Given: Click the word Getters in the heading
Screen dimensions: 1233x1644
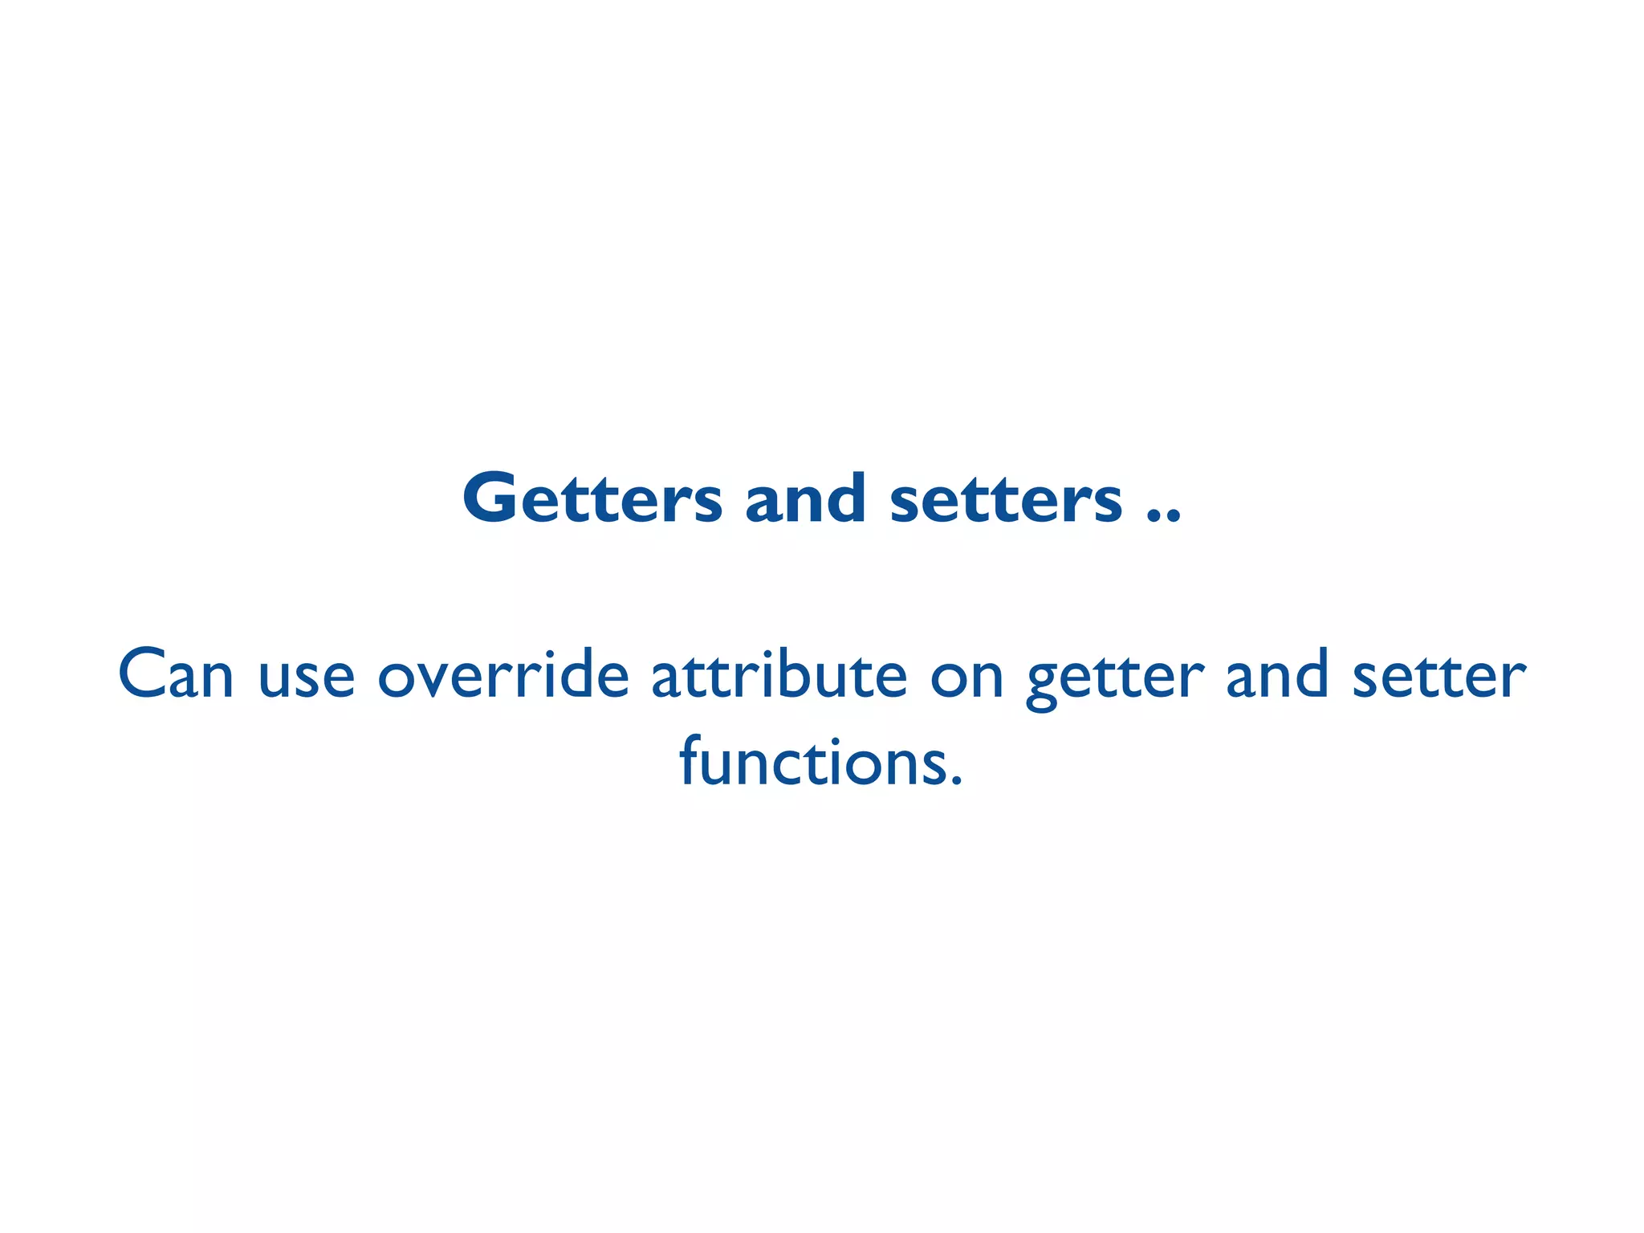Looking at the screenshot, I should (592, 498).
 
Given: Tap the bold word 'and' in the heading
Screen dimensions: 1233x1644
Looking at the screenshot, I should (805, 498).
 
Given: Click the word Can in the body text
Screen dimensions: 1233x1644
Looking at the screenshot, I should (176, 674).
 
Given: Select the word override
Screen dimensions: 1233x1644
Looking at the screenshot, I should (503, 674).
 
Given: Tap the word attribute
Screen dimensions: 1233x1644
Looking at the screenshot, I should (779, 674).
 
